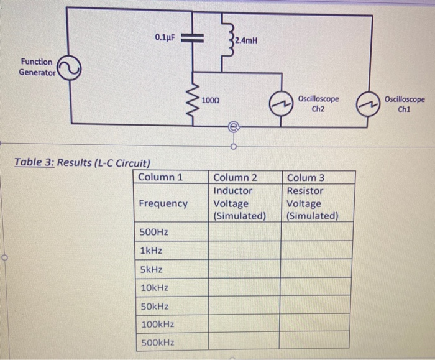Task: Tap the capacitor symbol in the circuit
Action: tap(193, 37)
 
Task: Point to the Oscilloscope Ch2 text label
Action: tap(318, 103)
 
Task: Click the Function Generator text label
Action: tap(36, 67)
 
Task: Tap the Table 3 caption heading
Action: tap(82, 164)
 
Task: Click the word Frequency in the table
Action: tap(163, 203)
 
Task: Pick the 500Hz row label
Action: tap(153, 232)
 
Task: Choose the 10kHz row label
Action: tap(155, 288)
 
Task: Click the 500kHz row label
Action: tap(157, 343)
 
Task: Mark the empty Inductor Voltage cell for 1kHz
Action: tap(244, 251)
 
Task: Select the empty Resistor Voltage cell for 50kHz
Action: tap(317, 307)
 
